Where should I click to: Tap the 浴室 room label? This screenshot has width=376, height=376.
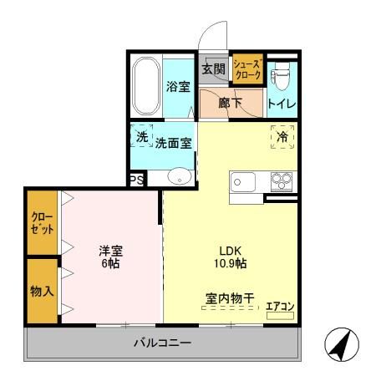click(179, 87)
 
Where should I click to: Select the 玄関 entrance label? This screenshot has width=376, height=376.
click(213, 69)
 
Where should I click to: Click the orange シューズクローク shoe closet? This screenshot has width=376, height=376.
click(247, 69)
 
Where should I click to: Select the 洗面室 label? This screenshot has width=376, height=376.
click(173, 143)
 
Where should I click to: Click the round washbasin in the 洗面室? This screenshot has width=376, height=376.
click(178, 175)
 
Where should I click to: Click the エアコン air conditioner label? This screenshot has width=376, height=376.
click(279, 307)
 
